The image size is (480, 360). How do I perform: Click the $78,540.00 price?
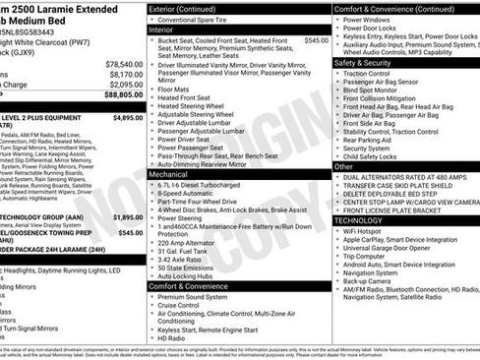[123, 64]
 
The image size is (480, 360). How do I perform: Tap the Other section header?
[344, 166]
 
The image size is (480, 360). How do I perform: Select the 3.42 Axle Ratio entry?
[183, 259]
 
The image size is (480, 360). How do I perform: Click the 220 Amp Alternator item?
[187, 242]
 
